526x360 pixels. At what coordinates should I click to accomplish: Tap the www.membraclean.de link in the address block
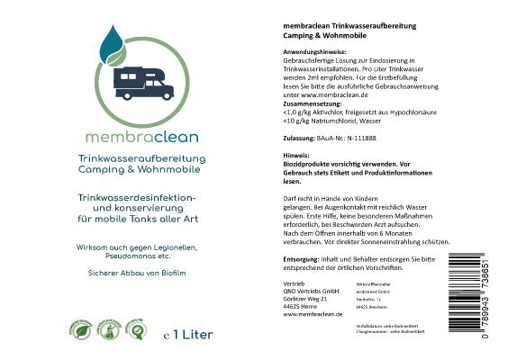click(x=307, y=315)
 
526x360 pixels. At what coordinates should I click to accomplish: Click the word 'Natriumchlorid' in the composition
click(x=322, y=119)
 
